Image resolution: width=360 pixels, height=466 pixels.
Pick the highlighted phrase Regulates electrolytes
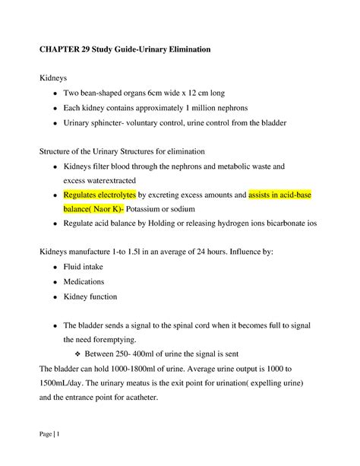click(x=99, y=195)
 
